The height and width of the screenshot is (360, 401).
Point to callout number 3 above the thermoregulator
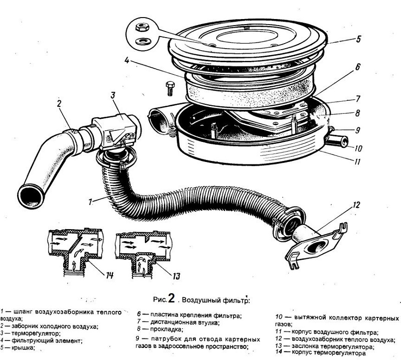coord(114,95)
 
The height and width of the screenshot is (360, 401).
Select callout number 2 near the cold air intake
coord(59,104)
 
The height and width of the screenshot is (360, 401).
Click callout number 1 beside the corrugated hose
coord(89,202)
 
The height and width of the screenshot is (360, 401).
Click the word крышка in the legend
coord(22,347)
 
